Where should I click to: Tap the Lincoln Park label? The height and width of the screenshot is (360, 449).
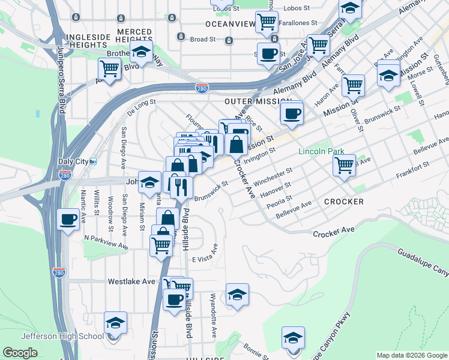pos(322,151)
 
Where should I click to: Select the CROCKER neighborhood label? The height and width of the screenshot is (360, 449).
pos(343,202)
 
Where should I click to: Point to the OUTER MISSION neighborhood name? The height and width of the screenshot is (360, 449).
pos(258,102)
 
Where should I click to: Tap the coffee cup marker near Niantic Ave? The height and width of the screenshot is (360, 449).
pos(68,219)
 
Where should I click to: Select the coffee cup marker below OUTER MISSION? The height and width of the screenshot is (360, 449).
pos(292,113)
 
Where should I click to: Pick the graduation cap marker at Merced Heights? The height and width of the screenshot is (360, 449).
pos(141,52)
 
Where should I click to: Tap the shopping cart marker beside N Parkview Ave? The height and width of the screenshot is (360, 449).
pos(161,245)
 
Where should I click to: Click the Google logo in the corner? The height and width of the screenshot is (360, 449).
pos(20,353)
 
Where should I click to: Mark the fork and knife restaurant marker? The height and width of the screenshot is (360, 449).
pos(181,187)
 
